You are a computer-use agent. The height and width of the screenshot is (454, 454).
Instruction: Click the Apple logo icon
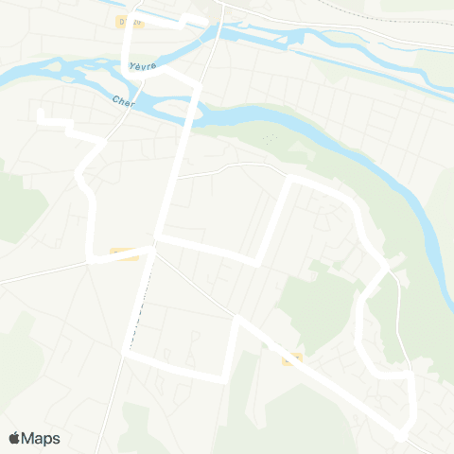click(x=14, y=438)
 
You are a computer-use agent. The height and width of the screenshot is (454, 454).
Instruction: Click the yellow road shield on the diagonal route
click(x=291, y=358)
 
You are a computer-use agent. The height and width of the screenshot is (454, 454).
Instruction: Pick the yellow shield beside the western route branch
click(x=123, y=253)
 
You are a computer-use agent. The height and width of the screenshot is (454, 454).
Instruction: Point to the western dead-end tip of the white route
click(x=40, y=114)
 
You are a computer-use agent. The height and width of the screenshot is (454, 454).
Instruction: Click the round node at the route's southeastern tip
click(x=401, y=435)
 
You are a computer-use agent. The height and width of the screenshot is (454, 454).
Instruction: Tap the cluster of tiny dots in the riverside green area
click(x=269, y=137)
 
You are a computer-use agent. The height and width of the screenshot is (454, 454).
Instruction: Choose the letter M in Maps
click(x=30, y=438)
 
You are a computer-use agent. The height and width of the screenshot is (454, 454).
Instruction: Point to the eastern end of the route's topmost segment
click(x=207, y=22)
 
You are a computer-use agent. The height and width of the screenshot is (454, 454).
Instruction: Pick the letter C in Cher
click(x=115, y=98)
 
